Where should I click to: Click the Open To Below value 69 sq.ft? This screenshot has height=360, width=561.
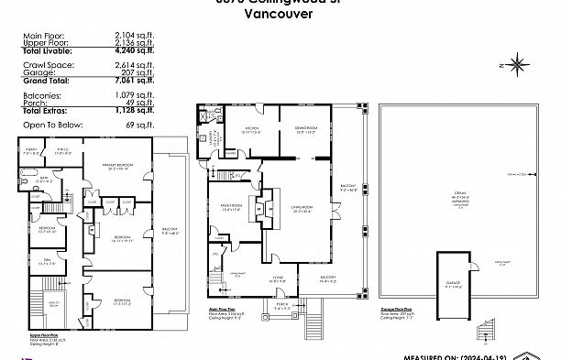pos(134,122)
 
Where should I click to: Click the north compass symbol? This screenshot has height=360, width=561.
pos(518,64)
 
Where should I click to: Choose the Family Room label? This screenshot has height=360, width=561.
pos(233,207)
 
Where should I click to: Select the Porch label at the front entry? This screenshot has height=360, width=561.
pos(282,306)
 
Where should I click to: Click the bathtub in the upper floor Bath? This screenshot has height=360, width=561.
pos(31,182)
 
